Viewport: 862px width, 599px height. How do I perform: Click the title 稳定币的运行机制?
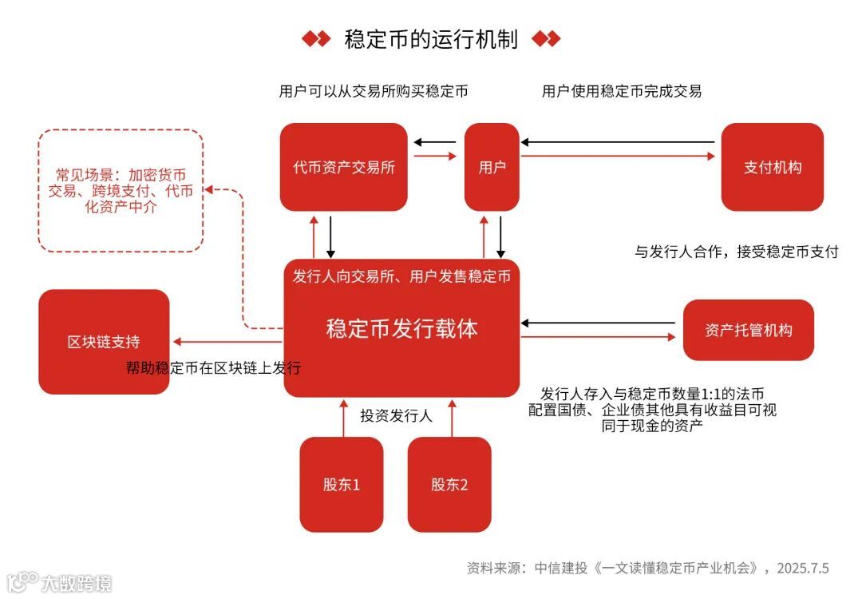click(431, 39)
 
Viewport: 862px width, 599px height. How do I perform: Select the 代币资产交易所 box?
click(344, 167)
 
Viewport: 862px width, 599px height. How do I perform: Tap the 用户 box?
click(492, 167)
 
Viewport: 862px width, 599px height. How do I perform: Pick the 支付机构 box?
click(772, 167)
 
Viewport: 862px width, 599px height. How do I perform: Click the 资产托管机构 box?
click(748, 330)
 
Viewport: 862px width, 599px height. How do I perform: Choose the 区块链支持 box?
click(104, 342)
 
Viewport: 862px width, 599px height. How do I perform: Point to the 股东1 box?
click(341, 484)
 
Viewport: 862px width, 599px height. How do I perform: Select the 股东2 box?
click(449, 484)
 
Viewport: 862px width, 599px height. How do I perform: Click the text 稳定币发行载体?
click(401, 329)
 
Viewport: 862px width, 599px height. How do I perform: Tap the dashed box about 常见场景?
click(121, 191)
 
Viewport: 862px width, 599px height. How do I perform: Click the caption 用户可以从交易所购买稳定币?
click(373, 91)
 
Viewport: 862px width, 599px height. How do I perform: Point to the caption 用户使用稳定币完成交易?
click(621, 91)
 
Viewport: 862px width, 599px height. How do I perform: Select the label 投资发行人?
click(396, 415)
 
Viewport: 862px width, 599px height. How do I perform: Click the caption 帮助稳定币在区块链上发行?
click(213, 368)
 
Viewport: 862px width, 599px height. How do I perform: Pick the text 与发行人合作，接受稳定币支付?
click(736, 252)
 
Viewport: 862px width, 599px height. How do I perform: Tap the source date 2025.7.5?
click(802, 569)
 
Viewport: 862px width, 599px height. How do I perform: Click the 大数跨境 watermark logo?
click(60, 582)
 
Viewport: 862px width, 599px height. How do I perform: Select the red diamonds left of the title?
click(315, 39)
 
